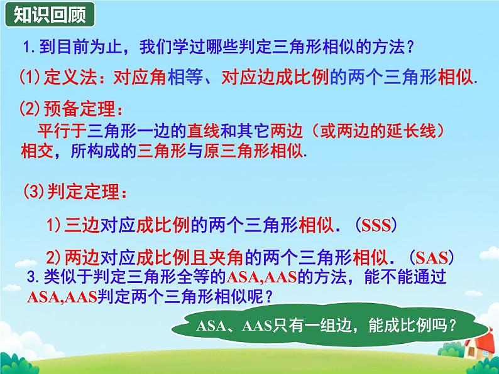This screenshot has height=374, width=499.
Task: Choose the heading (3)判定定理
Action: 69,191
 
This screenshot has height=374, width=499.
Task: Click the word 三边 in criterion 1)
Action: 80,224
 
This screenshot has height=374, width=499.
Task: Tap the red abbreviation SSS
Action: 376,225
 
